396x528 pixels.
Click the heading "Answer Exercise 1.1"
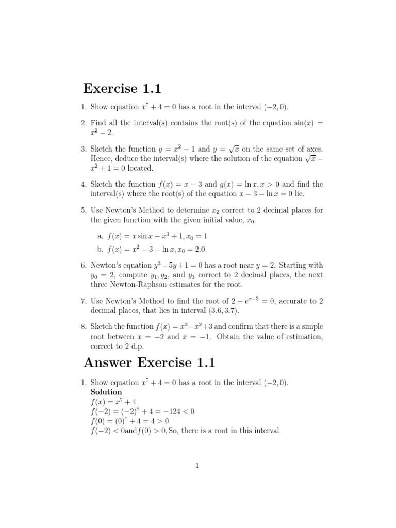pyautogui.click(x=149, y=362)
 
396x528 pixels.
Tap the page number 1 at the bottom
pyautogui.click(x=197, y=465)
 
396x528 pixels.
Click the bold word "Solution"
pyautogui.click(x=106, y=392)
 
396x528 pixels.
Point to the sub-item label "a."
pyautogui.click(x=100, y=236)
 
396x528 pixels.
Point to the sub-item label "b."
pyautogui.click(x=100, y=249)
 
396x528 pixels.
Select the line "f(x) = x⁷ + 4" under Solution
pyautogui.click(x=113, y=402)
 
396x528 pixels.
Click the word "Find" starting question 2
pyautogui.click(x=98, y=123)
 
